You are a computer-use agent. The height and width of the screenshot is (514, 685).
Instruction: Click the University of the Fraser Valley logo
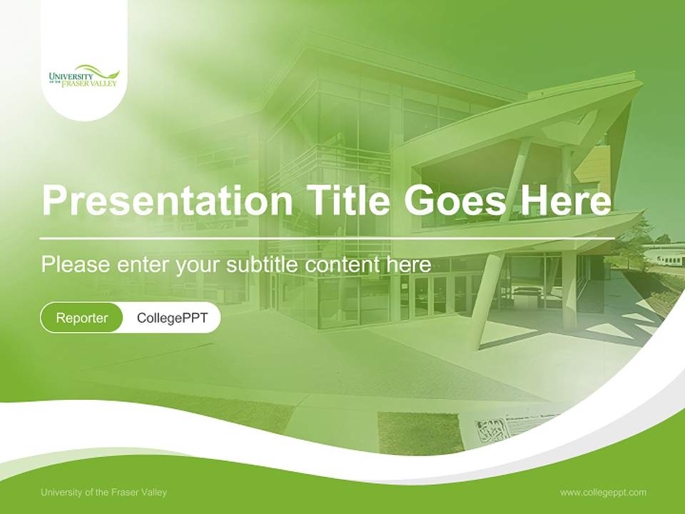pos(83,76)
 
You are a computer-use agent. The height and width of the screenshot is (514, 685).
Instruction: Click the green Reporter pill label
pos(81,318)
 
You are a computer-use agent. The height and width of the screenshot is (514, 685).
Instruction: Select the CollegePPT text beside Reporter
pos(172,318)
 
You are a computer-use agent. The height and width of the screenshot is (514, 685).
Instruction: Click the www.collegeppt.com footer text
pos(603,492)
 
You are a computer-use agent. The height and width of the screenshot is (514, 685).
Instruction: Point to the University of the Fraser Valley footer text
pos(103,492)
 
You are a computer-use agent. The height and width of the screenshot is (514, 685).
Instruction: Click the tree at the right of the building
pos(635,243)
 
